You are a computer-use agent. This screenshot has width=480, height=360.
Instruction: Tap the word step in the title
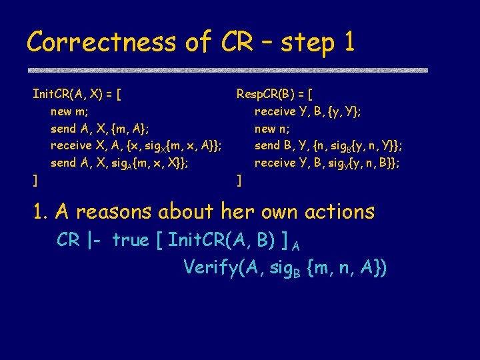pyautogui.click(x=308, y=44)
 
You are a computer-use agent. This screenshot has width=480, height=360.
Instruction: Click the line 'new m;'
pyautogui.click(x=70, y=111)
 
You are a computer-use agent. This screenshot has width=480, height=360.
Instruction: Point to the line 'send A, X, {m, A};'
pyautogui.click(x=100, y=128)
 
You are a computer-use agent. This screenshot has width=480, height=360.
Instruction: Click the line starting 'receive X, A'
pyautogui.click(x=137, y=146)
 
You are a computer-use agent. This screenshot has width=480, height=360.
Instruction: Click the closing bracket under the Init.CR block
pyautogui.click(x=35, y=180)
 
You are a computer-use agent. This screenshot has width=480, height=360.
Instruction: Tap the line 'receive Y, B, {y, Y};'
pyautogui.click(x=308, y=111)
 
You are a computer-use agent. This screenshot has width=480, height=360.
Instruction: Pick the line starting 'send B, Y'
pyautogui.click(x=328, y=146)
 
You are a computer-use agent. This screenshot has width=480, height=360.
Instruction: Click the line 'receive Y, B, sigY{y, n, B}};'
pyautogui.click(x=327, y=163)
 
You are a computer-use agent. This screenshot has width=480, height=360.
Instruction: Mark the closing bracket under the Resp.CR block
pyautogui.click(x=239, y=180)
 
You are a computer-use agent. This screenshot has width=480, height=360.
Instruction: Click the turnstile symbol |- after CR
pyautogui.click(x=96, y=240)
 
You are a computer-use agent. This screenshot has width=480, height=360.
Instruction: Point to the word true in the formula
pyautogui.click(x=131, y=240)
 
